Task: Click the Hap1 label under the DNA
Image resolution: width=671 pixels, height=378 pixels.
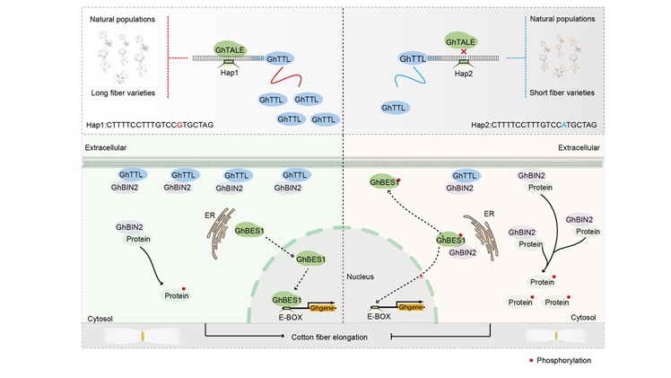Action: coord(229,74)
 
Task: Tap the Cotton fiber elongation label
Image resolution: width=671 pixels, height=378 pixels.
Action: coord(334,338)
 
